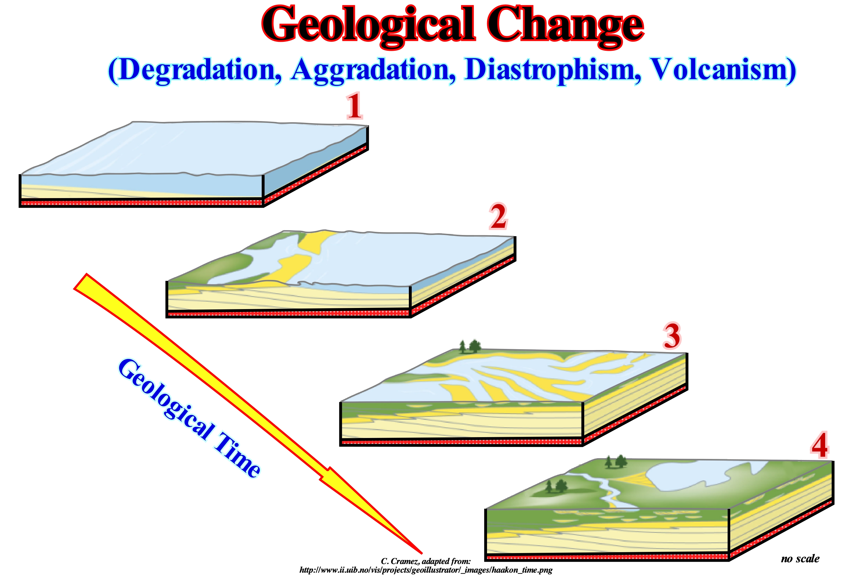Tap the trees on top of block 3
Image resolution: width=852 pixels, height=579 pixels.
point(470,346)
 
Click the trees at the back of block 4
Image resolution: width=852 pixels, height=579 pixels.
point(616,461)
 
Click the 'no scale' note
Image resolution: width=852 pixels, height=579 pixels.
point(800,559)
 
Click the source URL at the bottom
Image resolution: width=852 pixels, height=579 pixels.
point(426,570)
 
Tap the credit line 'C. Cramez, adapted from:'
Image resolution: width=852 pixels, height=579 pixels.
point(426,561)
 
